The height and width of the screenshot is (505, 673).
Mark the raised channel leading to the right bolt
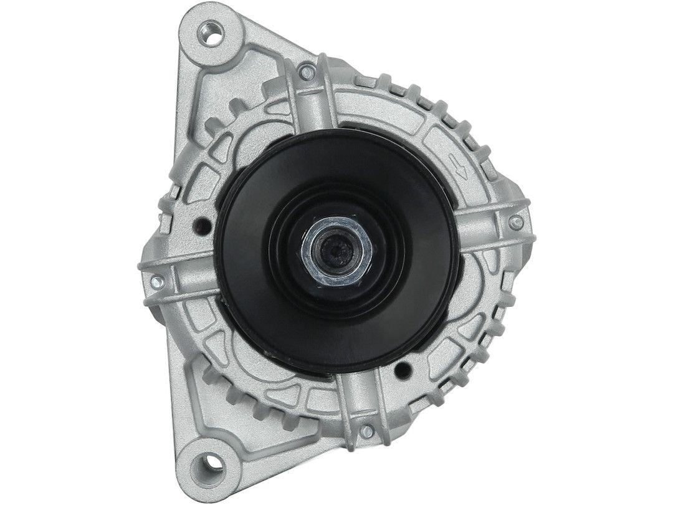[486, 228]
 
